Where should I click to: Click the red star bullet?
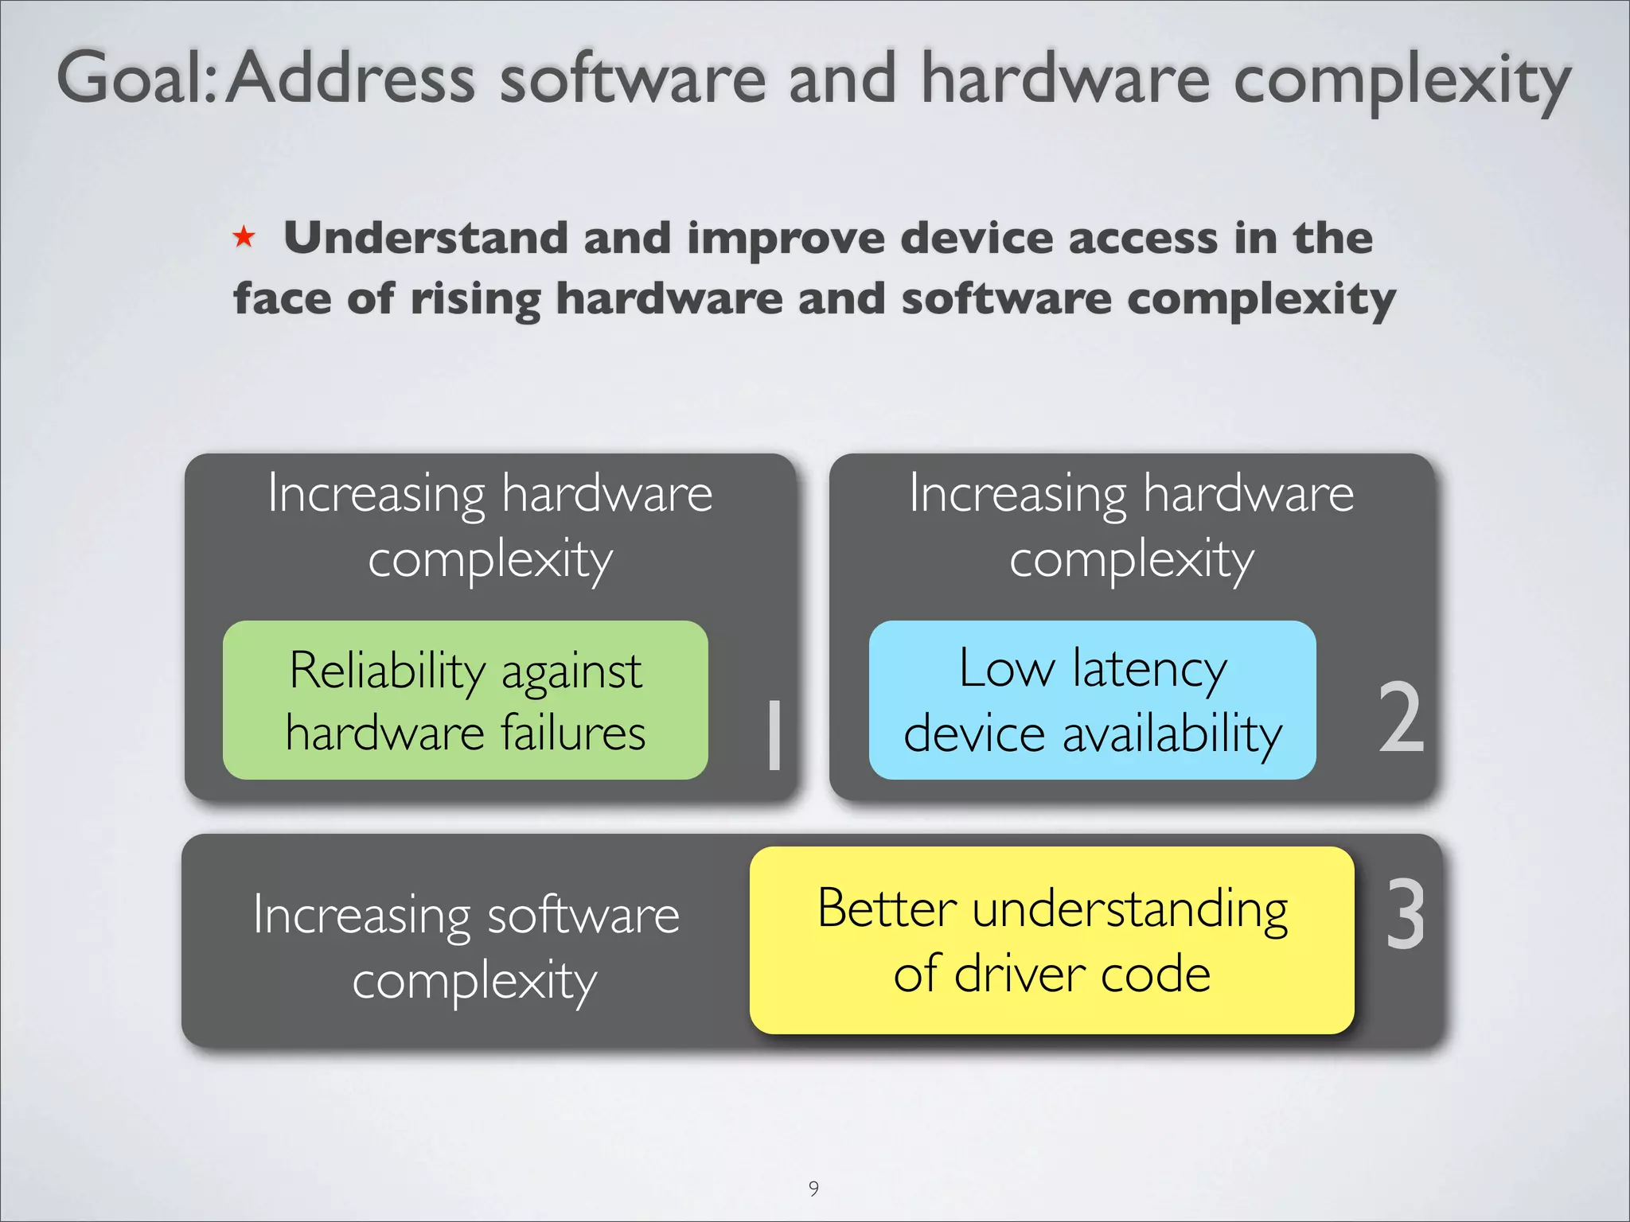(x=244, y=236)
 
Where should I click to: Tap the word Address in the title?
(x=351, y=78)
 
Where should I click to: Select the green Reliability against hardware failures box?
(x=465, y=700)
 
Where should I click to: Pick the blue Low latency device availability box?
(x=1092, y=700)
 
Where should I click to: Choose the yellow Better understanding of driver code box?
(x=1051, y=940)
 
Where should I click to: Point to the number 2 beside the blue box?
(x=1401, y=718)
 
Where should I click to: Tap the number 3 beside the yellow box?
(x=1405, y=914)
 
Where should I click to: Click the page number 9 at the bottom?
(x=813, y=1188)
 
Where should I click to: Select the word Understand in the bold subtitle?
(x=425, y=238)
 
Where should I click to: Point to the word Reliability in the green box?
(x=387, y=670)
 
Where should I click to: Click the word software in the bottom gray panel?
(x=583, y=915)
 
